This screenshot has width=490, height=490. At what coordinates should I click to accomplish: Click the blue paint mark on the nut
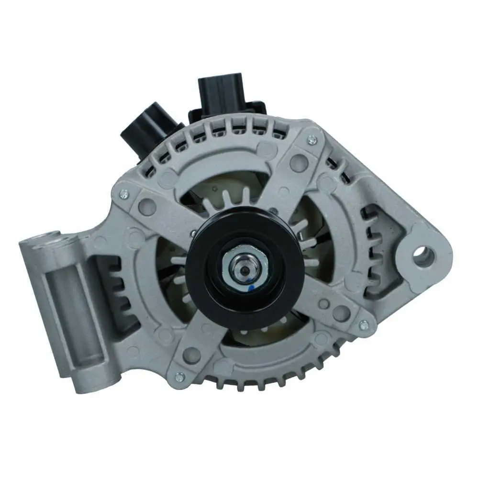pos(251,288)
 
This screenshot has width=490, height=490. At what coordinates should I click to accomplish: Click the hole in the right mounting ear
pos(423,257)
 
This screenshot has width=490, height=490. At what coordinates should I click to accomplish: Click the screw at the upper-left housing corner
pos(124,193)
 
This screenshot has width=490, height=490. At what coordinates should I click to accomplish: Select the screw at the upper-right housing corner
pos(312,140)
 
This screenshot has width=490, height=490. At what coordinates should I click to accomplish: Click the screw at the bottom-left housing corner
pos(179,377)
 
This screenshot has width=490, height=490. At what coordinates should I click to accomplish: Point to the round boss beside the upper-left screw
pos(146,207)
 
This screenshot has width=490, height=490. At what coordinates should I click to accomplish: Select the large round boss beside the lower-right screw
pos(341,313)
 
